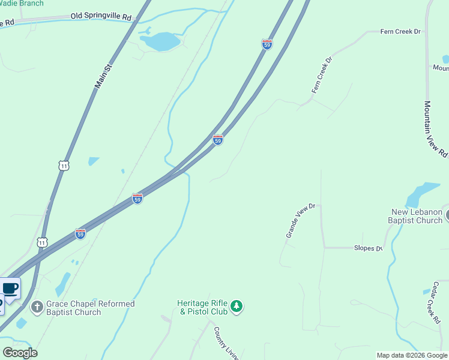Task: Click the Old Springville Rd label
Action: coord(100,17)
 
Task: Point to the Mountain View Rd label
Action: coord(435,128)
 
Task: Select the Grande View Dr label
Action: coord(300,221)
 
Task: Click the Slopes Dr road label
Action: coord(367,248)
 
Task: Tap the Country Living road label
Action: coord(225,344)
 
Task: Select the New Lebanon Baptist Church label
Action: coord(415,216)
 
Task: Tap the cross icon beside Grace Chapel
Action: coord(37,308)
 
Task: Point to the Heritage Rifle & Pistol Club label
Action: coord(202,307)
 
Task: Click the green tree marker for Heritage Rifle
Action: coord(237,307)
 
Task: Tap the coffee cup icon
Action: coord(10,289)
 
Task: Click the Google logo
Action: coord(20,353)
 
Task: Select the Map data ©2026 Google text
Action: coord(412,355)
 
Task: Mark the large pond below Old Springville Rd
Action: coord(160,41)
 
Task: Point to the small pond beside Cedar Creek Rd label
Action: coord(427,292)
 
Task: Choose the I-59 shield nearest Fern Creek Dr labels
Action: coord(267,44)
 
